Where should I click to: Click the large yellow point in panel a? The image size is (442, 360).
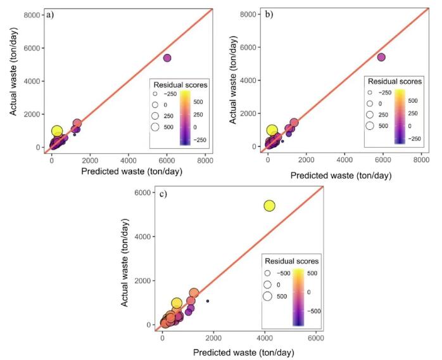pos(57,131)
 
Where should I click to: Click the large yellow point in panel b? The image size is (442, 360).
pos(272,131)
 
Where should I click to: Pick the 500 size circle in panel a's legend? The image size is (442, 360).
pos(155,127)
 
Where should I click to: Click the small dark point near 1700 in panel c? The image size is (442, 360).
pos(207,301)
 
